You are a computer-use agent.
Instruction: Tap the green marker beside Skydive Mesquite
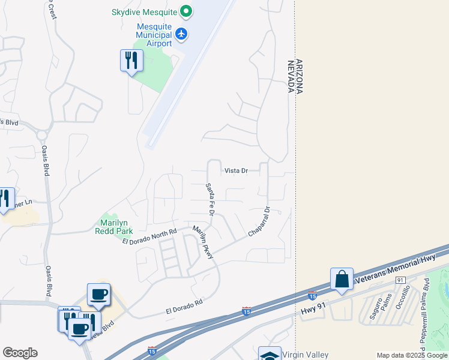pos(186,11)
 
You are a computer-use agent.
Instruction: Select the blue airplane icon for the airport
pos(182,34)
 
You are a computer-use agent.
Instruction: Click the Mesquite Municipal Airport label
pos(154,35)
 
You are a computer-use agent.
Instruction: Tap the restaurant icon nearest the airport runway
pos(131,60)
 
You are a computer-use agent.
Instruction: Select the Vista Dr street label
pos(236,170)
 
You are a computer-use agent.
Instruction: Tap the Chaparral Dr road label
pos(259,221)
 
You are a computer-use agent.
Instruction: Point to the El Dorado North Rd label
pos(149,236)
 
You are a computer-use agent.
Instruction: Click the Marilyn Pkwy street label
pos(203,243)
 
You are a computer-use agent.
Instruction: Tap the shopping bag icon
pos(342,279)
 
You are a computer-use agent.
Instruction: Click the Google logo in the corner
pos(20,353)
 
